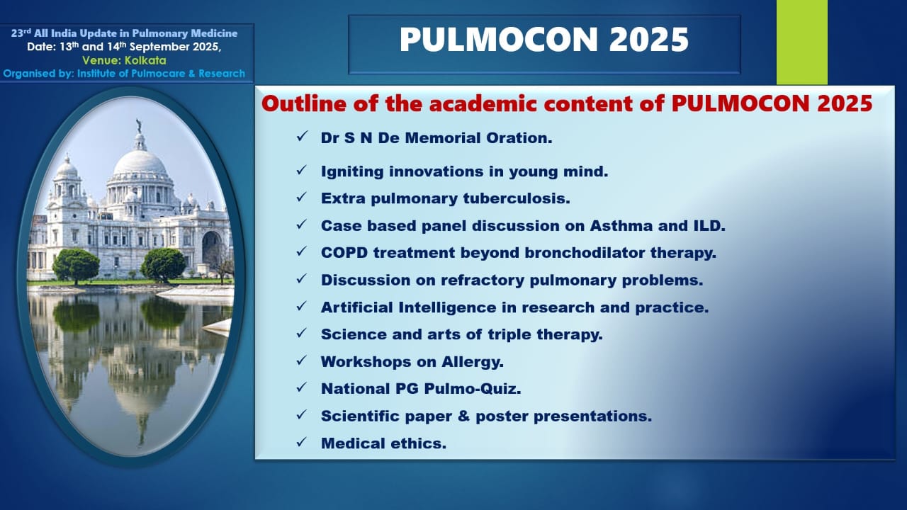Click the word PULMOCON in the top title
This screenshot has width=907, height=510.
pos(499,40)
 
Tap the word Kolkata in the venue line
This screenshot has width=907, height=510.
pos(145,60)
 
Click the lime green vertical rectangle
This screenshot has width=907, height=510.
pos(801,42)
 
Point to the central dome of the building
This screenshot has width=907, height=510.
pos(140,162)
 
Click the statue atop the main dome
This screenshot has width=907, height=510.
pos(139,126)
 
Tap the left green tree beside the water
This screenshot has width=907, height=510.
pos(76,266)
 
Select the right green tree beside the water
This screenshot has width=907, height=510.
pos(163,265)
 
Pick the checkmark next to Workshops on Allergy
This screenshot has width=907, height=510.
pos(302,360)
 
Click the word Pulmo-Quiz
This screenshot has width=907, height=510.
pos(473,389)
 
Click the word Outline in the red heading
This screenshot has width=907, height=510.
pos(305,103)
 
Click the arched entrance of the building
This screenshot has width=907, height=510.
pos(211,249)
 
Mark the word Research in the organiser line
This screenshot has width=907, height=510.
pos(222,74)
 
